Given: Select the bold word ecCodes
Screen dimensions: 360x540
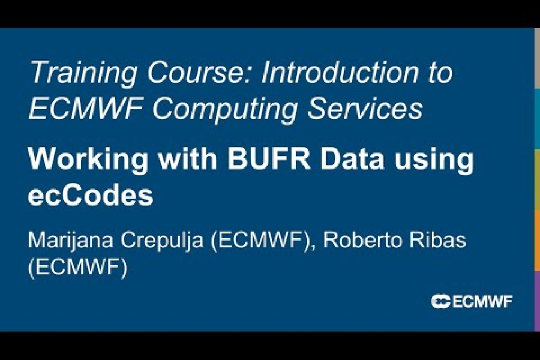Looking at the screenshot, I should (90, 196).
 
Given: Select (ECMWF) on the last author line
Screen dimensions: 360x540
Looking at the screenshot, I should (77, 268).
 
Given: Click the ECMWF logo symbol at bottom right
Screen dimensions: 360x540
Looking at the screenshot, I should (441, 301).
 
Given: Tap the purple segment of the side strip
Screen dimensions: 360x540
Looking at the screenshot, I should (537, 300).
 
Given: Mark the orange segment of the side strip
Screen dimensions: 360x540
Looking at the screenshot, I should (537, 240).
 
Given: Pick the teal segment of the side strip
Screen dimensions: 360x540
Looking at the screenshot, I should (537, 120).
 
